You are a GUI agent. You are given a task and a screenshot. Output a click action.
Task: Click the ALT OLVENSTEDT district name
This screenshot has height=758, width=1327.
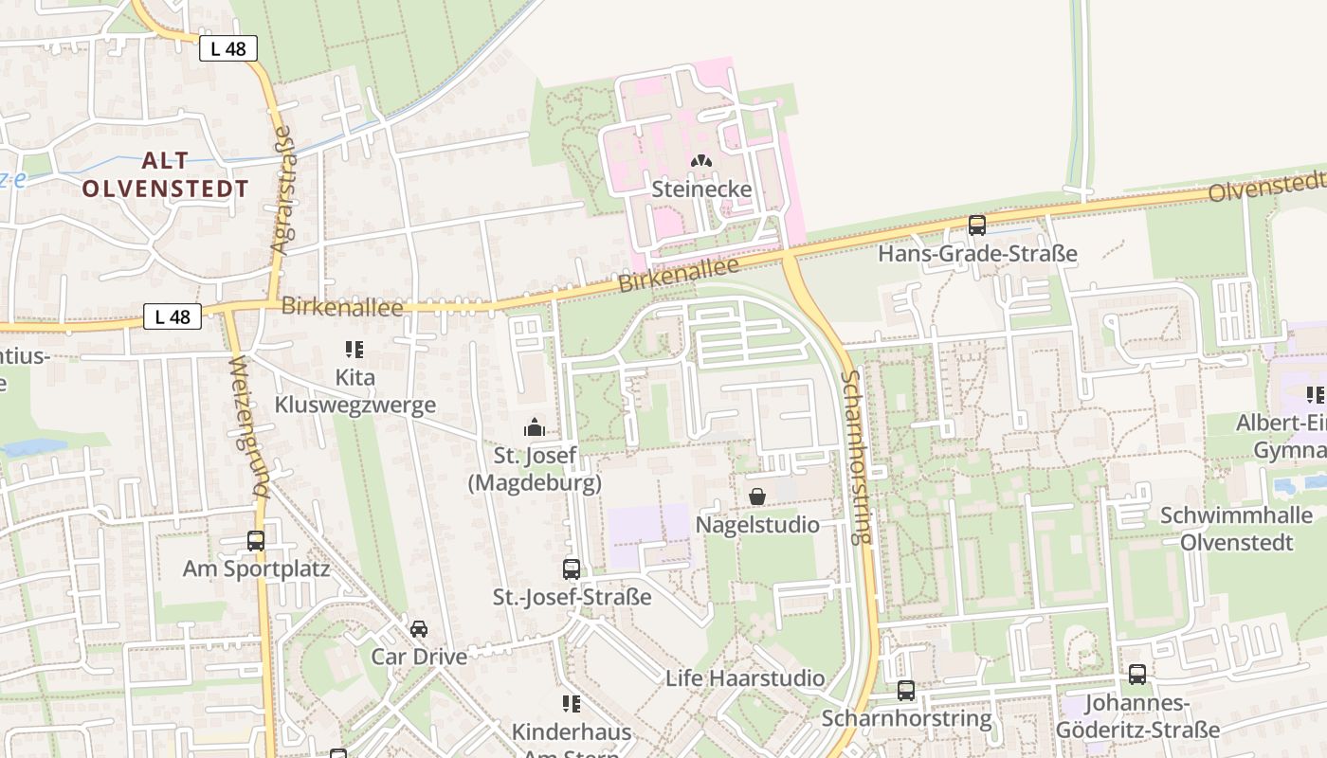(165, 174)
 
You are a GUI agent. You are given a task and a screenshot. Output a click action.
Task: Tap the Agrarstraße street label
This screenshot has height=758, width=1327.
(281, 189)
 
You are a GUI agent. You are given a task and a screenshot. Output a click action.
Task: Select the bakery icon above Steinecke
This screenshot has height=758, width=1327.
(701, 164)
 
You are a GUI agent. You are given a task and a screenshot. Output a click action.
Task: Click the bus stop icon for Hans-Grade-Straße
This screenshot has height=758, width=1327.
(977, 226)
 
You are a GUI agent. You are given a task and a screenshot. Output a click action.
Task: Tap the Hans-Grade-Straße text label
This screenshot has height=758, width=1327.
(977, 254)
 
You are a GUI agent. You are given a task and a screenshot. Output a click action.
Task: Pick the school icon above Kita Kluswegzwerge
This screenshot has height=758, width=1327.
(355, 350)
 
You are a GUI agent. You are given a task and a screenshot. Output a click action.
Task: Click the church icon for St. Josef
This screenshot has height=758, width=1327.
(535, 427)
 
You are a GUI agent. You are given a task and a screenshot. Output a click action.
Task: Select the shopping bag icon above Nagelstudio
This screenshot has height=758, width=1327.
(757, 496)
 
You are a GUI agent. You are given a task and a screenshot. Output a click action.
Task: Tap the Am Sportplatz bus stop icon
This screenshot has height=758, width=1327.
(256, 541)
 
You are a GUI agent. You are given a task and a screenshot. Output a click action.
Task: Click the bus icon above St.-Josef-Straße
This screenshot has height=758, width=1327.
(572, 568)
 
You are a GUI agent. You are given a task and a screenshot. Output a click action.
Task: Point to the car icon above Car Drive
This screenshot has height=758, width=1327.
(419, 628)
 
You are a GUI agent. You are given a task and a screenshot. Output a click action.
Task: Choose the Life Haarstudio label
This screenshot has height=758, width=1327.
(745, 678)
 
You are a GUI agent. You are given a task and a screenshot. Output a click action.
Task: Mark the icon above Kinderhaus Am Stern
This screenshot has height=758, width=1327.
(572, 704)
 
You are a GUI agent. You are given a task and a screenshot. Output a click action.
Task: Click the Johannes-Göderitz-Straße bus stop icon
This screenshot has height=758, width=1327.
(1137, 675)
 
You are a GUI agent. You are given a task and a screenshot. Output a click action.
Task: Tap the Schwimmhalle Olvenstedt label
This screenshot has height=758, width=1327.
(1237, 529)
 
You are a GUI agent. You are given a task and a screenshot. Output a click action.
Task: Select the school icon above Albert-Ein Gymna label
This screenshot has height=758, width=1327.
(1315, 394)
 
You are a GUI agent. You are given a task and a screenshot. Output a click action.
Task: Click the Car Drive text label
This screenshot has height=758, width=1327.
(419, 657)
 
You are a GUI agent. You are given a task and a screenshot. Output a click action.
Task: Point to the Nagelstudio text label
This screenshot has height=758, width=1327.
(757, 524)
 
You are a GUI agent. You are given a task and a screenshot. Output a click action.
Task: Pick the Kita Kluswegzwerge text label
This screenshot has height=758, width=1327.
(355, 391)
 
